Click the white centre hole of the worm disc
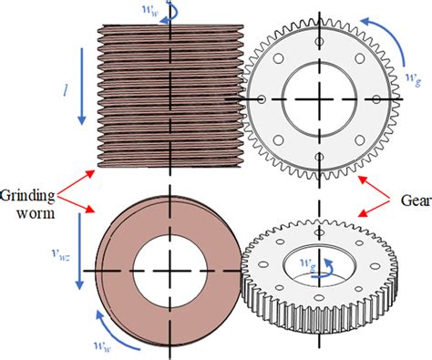[x=170, y=272]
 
